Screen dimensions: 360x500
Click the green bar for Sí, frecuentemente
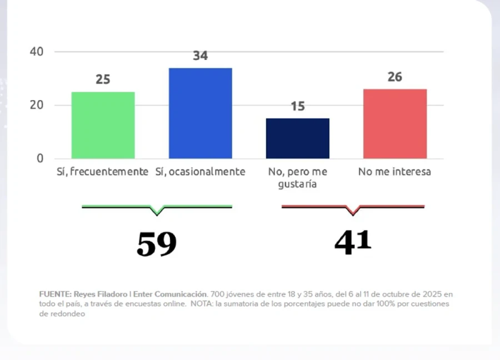(103, 125)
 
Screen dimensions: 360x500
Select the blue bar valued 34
(200, 113)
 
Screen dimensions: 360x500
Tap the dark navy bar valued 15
(298, 138)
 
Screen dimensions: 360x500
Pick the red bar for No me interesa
(395, 124)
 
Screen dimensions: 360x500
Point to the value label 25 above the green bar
(103, 79)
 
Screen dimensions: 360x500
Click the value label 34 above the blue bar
(200, 56)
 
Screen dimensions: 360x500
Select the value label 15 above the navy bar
(298, 106)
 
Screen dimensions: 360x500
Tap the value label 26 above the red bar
(395, 77)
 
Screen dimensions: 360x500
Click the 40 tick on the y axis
(36, 52)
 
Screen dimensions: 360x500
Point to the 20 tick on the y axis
(36, 105)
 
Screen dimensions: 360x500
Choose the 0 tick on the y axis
(39, 158)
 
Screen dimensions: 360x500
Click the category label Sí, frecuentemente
(103, 172)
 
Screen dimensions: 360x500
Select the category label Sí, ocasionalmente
(200, 172)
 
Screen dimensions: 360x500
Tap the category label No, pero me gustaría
(298, 177)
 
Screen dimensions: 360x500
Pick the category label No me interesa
(394, 172)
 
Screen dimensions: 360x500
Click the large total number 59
(157, 244)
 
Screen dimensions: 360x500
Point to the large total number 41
(353, 242)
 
